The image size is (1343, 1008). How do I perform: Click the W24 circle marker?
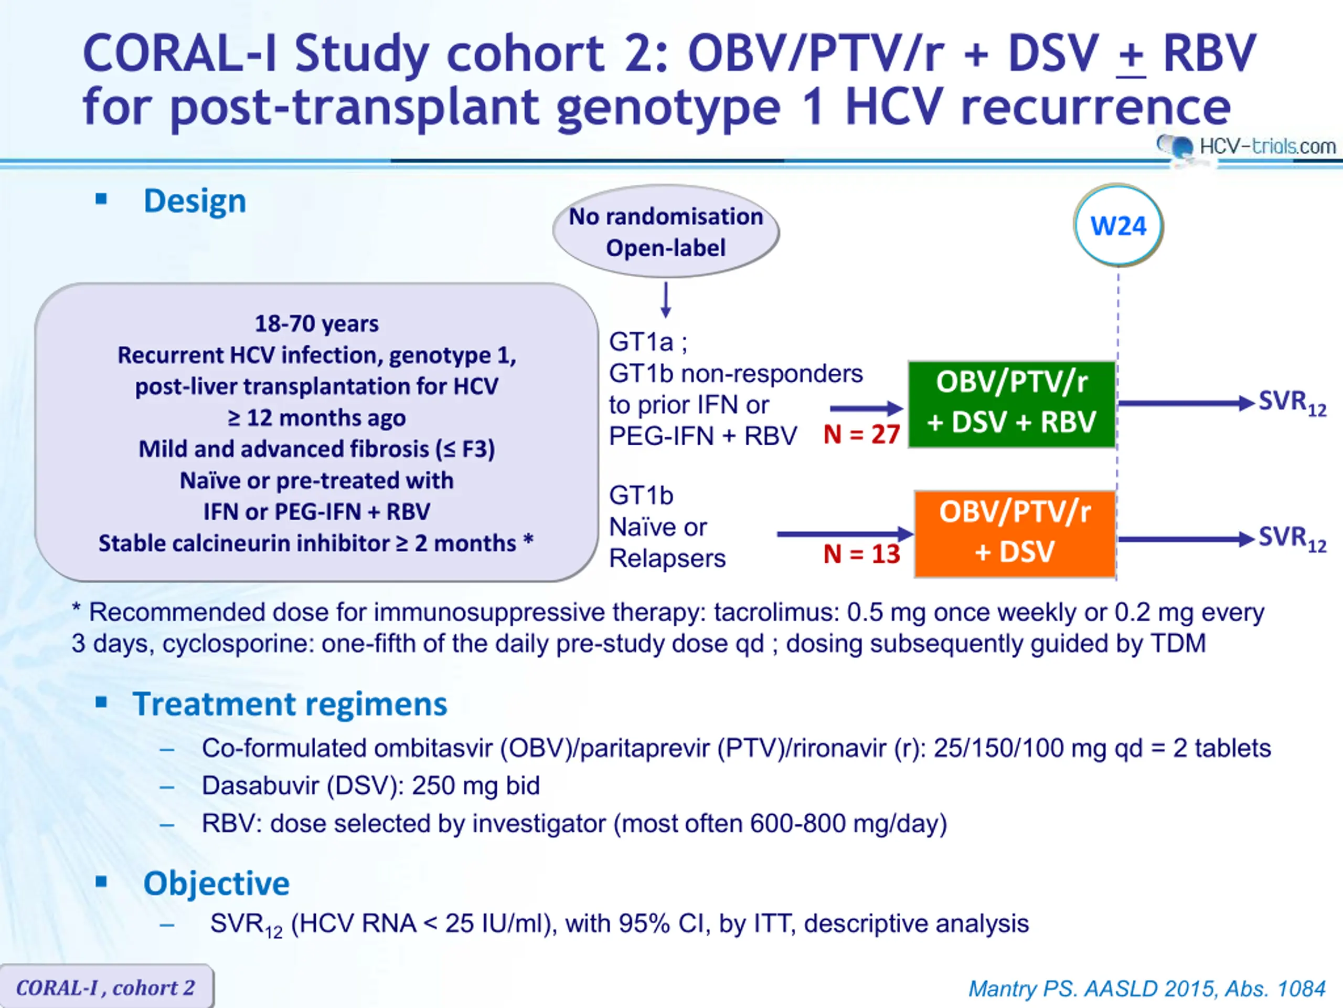pyautogui.click(x=1118, y=225)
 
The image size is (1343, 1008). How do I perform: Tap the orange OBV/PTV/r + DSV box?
pyautogui.click(x=1015, y=533)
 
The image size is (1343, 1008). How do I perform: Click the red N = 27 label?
pyautogui.click(x=861, y=434)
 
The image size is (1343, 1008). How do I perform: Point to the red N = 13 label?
pyautogui.click(x=861, y=553)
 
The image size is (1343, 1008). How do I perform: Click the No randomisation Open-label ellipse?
pyautogui.click(x=666, y=232)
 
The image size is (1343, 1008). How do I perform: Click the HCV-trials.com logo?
pyautogui.click(x=1246, y=146)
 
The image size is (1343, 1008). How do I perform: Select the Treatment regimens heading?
pyautogui.click(x=290, y=704)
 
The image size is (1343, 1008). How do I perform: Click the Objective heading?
pyautogui.click(x=217, y=883)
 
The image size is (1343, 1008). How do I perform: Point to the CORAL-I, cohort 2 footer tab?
pyautogui.click(x=106, y=986)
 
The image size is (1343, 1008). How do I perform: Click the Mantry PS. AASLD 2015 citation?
pyautogui.click(x=1147, y=989)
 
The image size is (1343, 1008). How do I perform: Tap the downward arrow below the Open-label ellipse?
pyautogui.click(x=666, y=300)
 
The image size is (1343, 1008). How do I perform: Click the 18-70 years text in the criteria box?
pyautogui.click(x=317, y=324)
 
